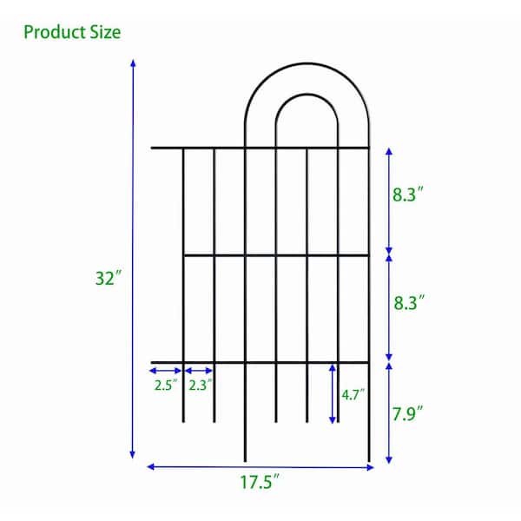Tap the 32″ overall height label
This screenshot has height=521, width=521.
(109, 279)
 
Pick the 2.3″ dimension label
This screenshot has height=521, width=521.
(199, 383)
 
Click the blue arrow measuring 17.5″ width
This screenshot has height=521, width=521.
(260, 467)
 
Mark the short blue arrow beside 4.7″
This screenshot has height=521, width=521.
(333, 393)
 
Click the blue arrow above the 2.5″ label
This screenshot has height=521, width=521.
(167, 369)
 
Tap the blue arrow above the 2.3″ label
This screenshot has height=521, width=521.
(199, 369)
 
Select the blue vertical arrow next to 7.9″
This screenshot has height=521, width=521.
(388, 412)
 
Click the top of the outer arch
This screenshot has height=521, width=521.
(307, 63)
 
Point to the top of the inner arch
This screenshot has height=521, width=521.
(307, 94)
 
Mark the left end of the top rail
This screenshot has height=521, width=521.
(154, 148)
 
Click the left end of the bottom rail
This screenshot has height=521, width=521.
(154, 361)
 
